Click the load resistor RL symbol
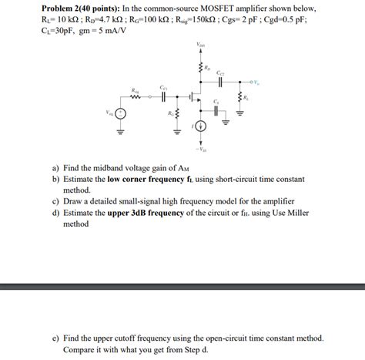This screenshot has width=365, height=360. pos(239,98)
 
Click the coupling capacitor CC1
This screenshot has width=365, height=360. pos(163,96)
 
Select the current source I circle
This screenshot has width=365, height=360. pos(201,126)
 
